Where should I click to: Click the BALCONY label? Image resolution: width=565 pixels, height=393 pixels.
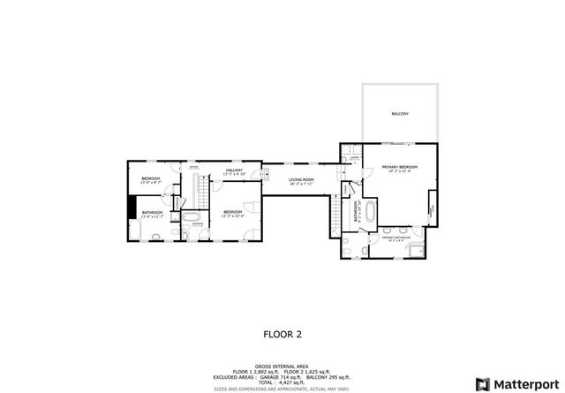[400, 114]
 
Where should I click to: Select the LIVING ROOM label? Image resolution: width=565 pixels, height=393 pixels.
[303, 181]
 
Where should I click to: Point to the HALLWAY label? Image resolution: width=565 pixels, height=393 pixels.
[234, 170]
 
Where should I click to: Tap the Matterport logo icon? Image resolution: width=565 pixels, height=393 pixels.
[482, 383]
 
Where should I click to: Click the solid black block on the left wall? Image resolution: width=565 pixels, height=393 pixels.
[131, 205]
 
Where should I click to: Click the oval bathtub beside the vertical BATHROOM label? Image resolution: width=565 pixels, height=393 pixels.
[372, 212]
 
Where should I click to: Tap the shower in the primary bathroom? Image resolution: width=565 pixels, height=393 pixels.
[416, 247]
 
